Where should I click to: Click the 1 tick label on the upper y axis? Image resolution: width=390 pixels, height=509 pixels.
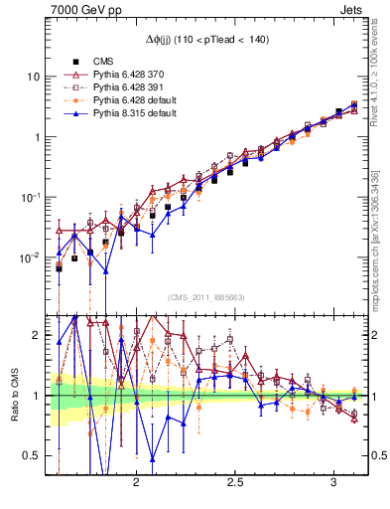coord(38,137)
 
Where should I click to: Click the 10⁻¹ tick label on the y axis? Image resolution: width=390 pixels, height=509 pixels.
coord(31,197)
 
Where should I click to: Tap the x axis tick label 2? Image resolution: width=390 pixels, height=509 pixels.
coord(136,481)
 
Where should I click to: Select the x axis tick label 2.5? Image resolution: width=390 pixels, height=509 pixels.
coord(236,481)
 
